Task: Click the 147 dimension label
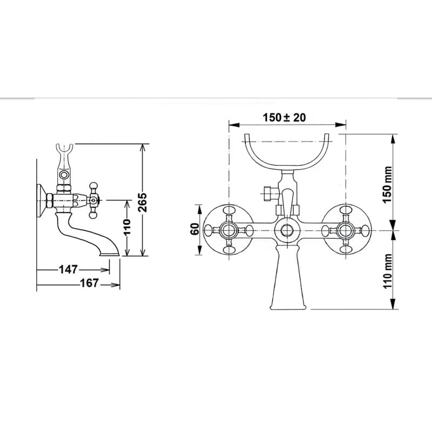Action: (x=69, y=269)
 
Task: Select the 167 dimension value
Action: (x=89, y=283)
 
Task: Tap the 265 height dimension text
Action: (x=143, y=202)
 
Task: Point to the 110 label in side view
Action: (x=127, y=227)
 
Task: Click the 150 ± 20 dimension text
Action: (x=285, y=118)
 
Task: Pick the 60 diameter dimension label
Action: (x=195, y=228)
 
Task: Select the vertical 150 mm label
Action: (x=387, y=184)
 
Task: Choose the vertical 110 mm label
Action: (x=387, y=271)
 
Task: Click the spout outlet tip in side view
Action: (x=110, y=254)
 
